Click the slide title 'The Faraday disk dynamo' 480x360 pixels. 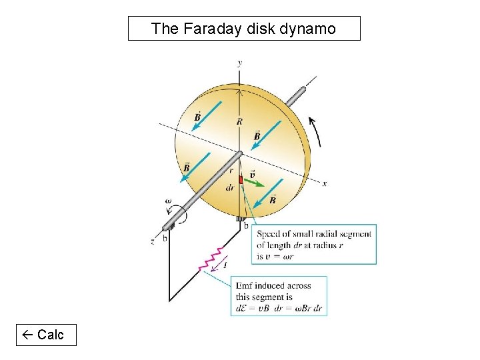coord(243,29)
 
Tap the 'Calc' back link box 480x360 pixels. coord(47,335)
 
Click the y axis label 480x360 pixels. coord(239,63)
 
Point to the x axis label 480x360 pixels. coord(325,184)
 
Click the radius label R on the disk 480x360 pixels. coord(239,121)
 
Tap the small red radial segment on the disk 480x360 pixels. coord(241,180)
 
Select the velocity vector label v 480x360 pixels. coord(251,174)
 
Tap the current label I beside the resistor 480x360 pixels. coord(225,265)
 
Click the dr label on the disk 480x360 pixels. coord(230,188)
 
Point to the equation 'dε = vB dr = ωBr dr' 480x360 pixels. coord(279,308)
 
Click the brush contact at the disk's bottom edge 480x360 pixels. coord(241,219)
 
